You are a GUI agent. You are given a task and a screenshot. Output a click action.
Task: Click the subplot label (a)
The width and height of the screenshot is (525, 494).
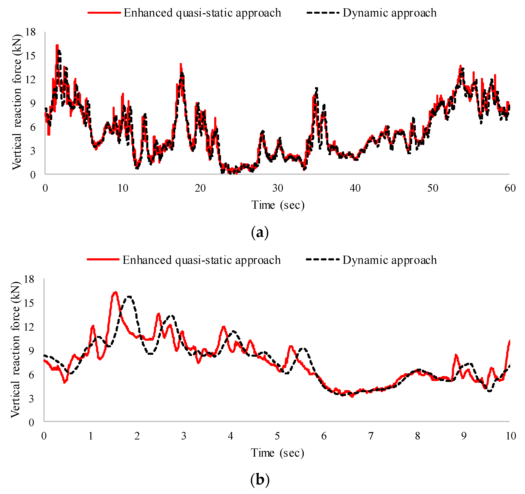260,232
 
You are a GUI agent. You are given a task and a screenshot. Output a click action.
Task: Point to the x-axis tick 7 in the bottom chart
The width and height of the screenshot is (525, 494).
371,436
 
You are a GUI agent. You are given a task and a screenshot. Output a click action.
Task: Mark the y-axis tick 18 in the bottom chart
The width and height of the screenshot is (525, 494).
29,279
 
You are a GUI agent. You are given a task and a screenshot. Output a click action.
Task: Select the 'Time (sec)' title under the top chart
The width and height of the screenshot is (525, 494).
278,205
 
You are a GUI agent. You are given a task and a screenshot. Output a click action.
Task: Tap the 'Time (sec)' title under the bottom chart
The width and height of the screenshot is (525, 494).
277,453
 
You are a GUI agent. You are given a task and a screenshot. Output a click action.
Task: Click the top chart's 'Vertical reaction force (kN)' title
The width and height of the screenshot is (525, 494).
17,102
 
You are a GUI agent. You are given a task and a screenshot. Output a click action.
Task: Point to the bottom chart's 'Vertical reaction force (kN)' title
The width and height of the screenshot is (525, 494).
15,350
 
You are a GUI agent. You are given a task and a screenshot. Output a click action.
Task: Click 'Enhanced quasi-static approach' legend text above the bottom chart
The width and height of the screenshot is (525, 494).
201,260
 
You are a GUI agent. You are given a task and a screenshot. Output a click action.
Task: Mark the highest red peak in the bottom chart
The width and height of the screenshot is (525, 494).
115,292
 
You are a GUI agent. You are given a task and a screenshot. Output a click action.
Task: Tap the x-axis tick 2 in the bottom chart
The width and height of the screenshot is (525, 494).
137,436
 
